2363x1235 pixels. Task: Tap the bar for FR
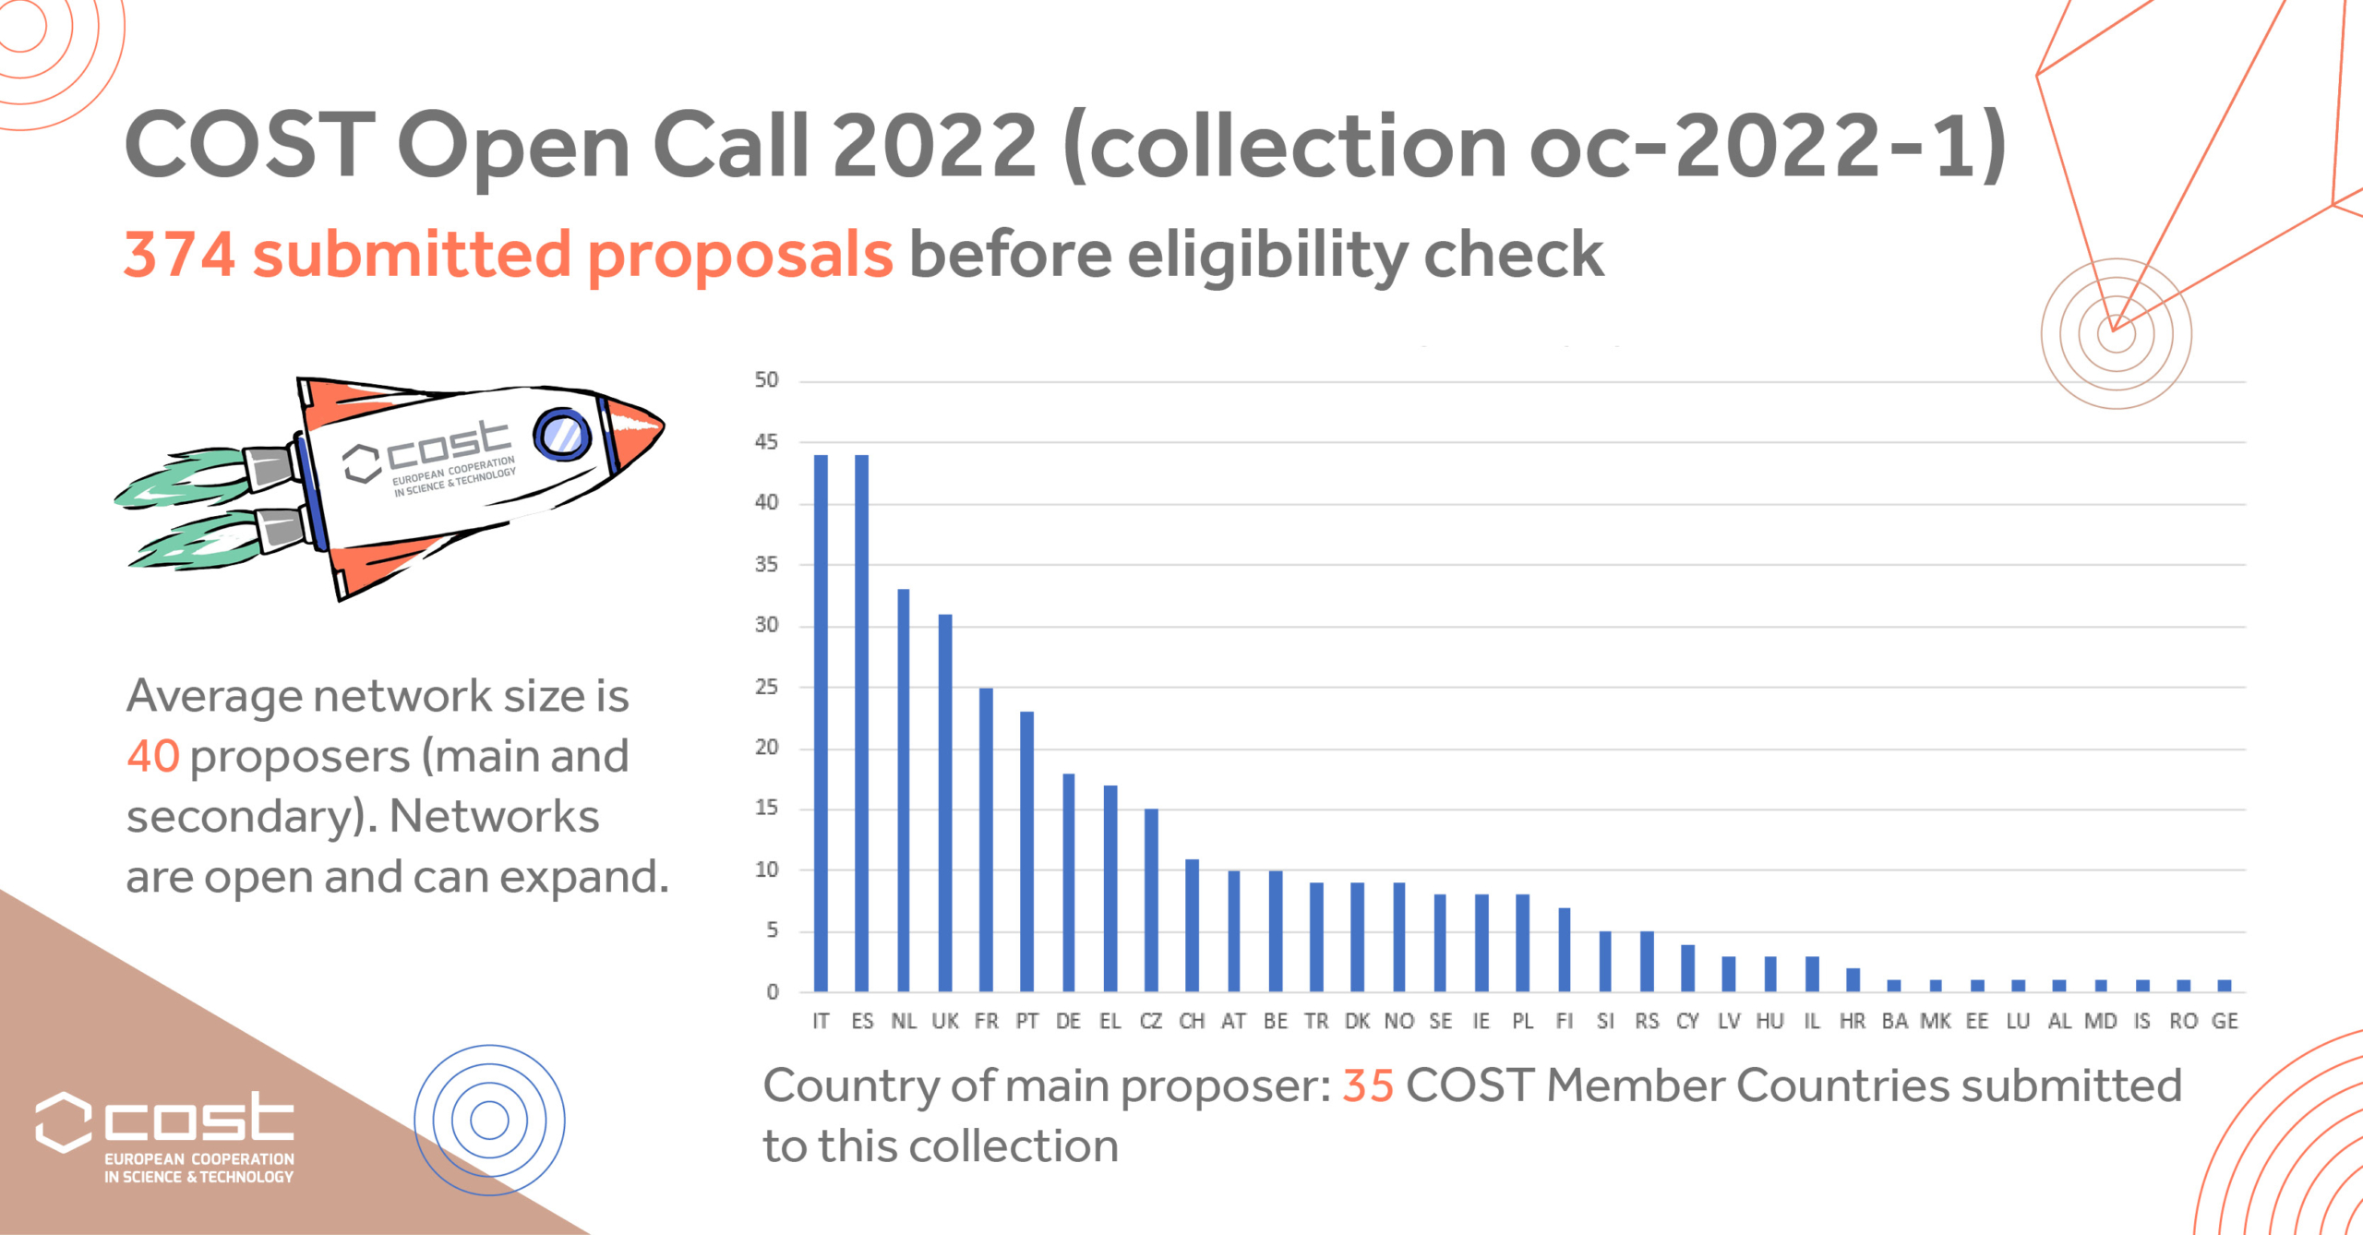[x=986, y=839]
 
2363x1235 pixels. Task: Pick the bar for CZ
[x=1151, y=900]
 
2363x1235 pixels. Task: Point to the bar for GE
[x=2225, y=986]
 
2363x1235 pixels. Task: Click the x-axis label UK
[x=944, y=1021]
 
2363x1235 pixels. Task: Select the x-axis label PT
[x=1026, y=1021]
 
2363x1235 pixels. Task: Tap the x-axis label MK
[x=1936, y=1021]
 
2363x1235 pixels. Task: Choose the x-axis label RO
[x=2183, y=1021]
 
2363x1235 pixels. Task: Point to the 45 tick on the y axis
[x=766, y=442]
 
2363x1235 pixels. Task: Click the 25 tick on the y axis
[x=766, y=687]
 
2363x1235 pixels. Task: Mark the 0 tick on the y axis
[x=772, y=992]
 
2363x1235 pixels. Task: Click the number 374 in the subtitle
[x=179, y=255]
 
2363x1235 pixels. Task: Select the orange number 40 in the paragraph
[x=153, y=756]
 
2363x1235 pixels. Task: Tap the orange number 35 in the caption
[x=1367, y=1085]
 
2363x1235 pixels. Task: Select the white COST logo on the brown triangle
[x=164, y=1135]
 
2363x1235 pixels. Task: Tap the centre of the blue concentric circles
[x=489, y=1121]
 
